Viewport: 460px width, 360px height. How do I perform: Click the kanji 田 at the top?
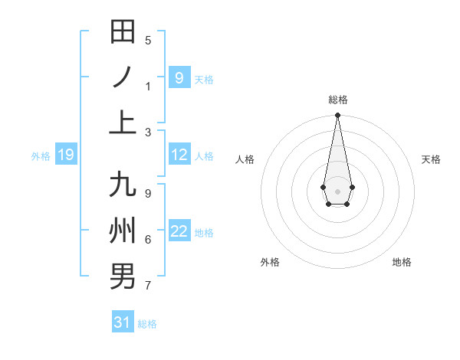(x=123, y=32)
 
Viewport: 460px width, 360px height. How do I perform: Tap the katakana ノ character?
(x=123, y=77)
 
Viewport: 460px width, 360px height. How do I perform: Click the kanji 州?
(x=123, y=231)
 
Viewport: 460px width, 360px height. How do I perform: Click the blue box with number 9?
(x=179, y=77)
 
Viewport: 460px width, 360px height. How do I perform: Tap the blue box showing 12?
(x=179, y=155)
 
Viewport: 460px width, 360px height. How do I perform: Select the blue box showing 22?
(x=179, y=231)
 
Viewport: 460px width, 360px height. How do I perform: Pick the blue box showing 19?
(x=66, y=155)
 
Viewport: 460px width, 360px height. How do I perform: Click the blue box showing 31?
(x=123, y=322)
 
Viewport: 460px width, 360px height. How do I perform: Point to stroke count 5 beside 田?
(x=148, y=41)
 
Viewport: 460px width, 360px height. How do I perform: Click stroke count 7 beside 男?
(x=148, y=286)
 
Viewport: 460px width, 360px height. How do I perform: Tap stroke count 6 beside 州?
(x=148, y=240)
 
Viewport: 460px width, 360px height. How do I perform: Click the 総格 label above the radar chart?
(x=338, y=100)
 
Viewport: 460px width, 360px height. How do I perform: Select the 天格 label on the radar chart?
(x=432, y=159)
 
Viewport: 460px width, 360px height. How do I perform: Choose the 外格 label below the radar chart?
(x=270, y=262)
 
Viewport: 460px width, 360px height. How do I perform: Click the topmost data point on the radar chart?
(x=337, y=116)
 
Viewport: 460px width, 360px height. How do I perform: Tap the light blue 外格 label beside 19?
(x=41, y=156)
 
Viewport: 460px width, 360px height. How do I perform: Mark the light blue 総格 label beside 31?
(x=147, y=324)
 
